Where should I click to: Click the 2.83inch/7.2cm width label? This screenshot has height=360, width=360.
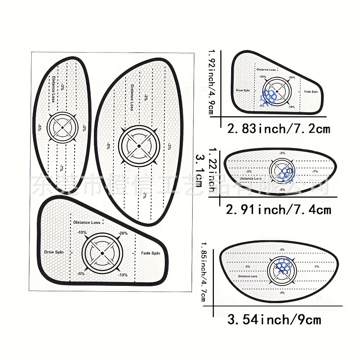[278, 129]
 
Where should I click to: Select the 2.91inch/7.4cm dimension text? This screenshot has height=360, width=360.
[278, 209]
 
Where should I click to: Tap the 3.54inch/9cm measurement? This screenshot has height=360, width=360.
[274, 319]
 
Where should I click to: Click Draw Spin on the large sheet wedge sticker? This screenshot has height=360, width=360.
[54, 252]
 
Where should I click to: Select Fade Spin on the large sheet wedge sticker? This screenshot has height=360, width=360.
[150, 253]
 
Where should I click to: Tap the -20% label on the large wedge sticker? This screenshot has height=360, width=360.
[122, 233]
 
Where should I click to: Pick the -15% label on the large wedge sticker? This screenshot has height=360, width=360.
[82, 233]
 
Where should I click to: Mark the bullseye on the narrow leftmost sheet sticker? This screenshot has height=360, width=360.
[62, 127]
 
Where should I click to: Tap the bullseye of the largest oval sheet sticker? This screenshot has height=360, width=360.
[139, 146]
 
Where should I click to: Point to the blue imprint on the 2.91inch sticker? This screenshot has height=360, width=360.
[287, 172]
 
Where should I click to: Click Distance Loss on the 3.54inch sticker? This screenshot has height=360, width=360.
[247, 276]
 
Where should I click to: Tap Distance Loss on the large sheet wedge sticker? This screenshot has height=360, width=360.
[87, 222]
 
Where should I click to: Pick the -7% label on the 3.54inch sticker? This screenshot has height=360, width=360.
[316, 266]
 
